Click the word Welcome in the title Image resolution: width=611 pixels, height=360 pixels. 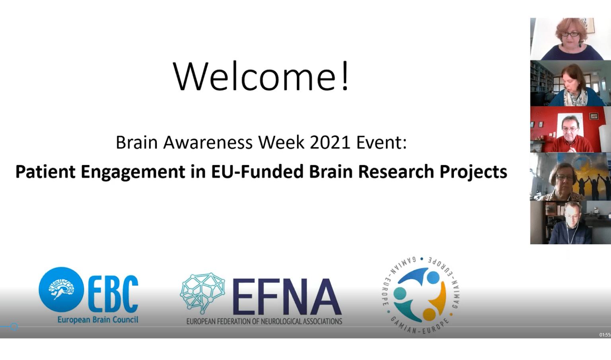(x=254, y=76)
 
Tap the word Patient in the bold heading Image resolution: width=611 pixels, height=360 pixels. (x=45, y=171)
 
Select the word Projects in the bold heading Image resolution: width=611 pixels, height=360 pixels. (x=473, y=172)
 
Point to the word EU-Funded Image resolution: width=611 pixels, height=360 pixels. (x=257, y=171)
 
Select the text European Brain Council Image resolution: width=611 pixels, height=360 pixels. (x=98, y=319)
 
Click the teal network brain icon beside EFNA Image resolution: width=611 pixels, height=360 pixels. (x=202, y=293)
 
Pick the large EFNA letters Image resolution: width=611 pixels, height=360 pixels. (x=287, y=297)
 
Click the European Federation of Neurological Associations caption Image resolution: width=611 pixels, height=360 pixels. (x=264, y=321)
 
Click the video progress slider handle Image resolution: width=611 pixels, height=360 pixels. (x=14, y=327)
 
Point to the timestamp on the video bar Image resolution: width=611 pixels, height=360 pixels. (x=605, y=335)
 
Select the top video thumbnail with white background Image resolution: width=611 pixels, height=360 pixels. (x=571, y=39)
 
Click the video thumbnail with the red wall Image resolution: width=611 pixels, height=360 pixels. (x=571, y=129)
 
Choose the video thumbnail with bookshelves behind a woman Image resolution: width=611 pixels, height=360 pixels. (x=571, y=83)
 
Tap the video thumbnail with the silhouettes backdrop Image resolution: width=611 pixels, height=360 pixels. (x=571, y=177)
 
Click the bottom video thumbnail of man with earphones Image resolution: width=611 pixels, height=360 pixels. (x=571, y=222)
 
